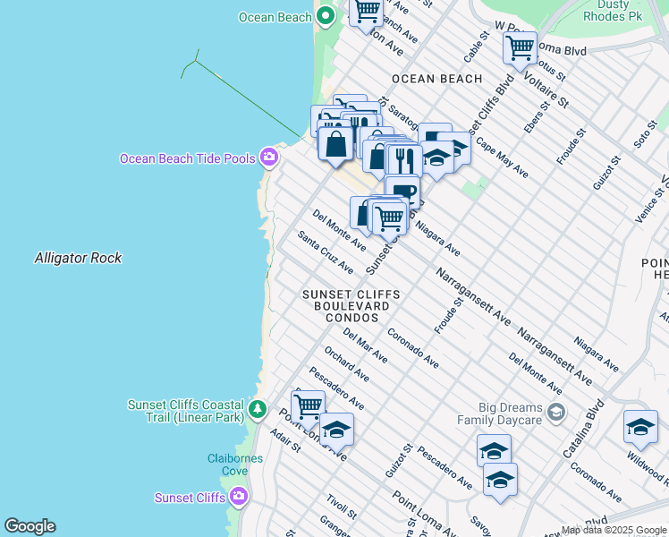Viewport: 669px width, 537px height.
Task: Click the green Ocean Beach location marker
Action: (x=326, y=16)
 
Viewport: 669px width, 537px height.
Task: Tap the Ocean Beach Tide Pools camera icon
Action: (x=268, y=158)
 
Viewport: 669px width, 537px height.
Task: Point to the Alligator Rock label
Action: (x=78, y=258)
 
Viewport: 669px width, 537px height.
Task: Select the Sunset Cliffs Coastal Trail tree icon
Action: (x=258, y=410)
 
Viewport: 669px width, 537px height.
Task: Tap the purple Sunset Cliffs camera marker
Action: (x=238, y=497)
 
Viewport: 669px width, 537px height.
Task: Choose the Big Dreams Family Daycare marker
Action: (x=556, y=413)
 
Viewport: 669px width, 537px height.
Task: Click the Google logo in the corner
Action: (x=30, y=526)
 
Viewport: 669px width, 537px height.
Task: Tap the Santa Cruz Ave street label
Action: (x=326, y=253)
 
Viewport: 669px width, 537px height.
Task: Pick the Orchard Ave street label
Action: (x=346, y=362)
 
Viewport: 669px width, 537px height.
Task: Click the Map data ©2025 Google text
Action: (x=614, y=531)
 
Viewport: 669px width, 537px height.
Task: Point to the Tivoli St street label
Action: (x=342, y=506)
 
